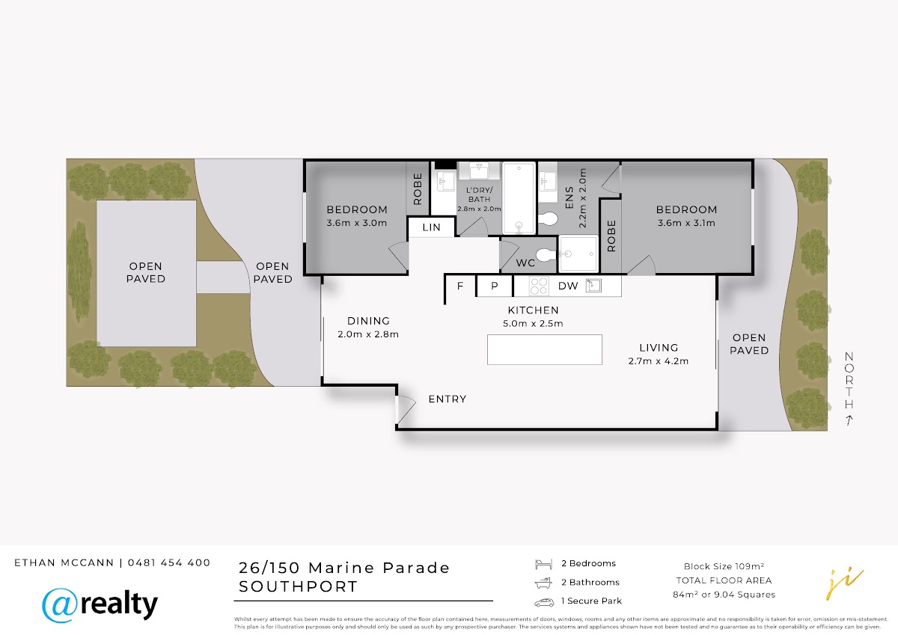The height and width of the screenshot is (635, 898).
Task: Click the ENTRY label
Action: (x=448, y=399)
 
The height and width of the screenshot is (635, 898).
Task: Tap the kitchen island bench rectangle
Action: (x=545, y=350)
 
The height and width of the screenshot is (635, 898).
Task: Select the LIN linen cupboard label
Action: (x=431, y=227)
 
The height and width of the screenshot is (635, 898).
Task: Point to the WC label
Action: (x=525, y=263)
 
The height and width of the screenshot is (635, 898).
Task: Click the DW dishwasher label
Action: (x=568, y=286)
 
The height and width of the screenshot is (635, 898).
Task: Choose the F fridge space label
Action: (x=460, y=286)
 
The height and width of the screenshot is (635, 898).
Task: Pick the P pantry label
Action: (x=495, y=286)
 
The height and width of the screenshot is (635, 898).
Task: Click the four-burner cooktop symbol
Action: (x=539, y=286)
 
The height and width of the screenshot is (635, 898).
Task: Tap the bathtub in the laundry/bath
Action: (x=519, y=198)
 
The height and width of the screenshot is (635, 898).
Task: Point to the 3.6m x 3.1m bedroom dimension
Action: (x=686, y=223)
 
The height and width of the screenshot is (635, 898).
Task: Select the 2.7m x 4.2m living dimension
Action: (x=659, y=361)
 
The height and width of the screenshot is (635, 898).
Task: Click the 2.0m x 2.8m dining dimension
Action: (x=368, y=334)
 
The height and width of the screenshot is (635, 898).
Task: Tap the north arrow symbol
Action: (x=849, y=420)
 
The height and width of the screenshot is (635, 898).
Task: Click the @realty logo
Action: (x=100, y=604)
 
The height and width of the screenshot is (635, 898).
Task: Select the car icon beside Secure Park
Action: (x=544, y=602)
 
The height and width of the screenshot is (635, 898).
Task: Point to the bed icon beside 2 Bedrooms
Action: (x=543, y=564)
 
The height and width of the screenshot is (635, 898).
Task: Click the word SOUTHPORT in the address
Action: (x=298, y=586)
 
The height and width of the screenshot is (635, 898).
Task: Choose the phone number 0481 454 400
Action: (x=169, y=562)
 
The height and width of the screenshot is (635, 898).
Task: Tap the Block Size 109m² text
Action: (x=724, y=566)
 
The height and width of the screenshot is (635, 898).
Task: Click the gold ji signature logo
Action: (x=845, y=583)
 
